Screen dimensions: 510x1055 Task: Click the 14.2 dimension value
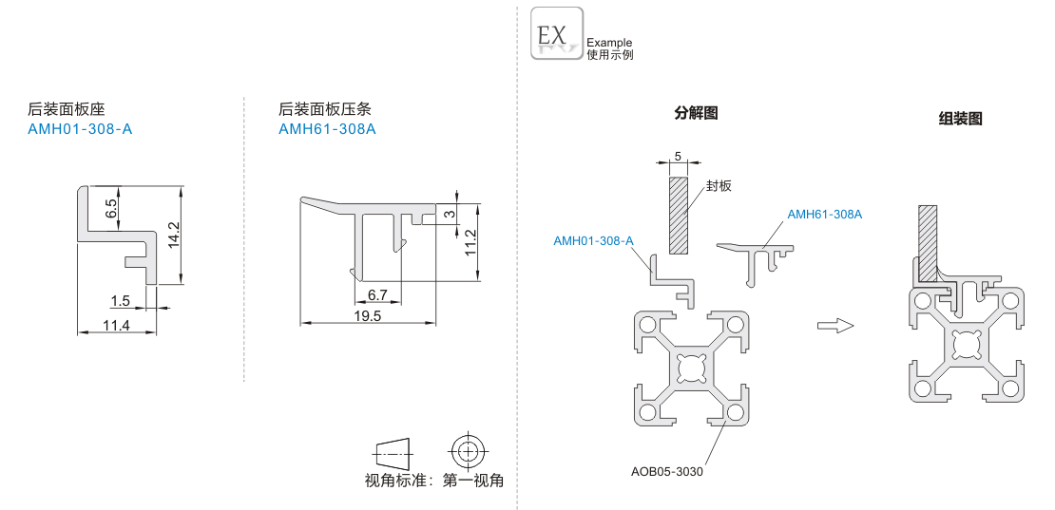[173, 235]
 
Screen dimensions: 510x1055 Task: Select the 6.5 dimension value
[111, 208]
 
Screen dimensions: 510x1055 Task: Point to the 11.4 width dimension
[116, 326]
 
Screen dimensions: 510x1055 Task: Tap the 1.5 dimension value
[120, 301]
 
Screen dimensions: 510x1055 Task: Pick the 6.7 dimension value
[377, 295]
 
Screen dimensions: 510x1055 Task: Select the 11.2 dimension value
[470, 242]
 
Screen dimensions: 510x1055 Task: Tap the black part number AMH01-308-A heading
[81, 128]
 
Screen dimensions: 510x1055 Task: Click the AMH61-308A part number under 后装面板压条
[327, 128]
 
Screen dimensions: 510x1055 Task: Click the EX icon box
[556, 33]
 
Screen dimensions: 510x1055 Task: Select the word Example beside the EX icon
[609, 43]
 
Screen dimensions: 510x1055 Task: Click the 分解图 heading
[696, 113]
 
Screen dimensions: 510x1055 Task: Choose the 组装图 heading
[960, 119]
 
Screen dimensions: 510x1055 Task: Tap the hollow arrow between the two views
[835, 326]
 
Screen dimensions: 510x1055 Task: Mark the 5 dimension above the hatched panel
[677, 155]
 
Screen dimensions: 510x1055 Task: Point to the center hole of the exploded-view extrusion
[689, 366]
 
